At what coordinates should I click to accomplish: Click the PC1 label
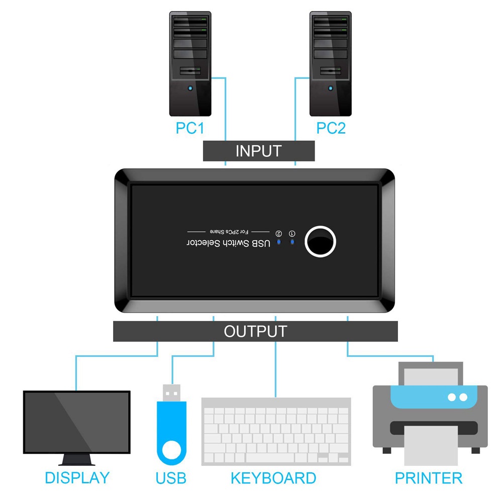point(190,128)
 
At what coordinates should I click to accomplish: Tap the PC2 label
point(331,128)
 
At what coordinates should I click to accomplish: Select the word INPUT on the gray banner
point(258,151)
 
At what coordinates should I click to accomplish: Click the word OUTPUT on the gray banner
point(255,332)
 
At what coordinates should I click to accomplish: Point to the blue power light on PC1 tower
point(190,89)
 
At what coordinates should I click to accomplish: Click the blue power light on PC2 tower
point(330,89)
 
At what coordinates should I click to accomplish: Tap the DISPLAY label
point(77,477)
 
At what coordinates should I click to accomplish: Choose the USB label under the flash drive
point(171,477)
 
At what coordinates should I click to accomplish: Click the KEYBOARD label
point(273,477)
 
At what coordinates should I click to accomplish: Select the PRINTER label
point(429,477)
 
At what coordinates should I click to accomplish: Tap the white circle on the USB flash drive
point(171,449)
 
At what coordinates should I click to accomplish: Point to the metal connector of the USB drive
point(171,392)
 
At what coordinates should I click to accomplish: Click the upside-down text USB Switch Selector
point(229,243)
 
